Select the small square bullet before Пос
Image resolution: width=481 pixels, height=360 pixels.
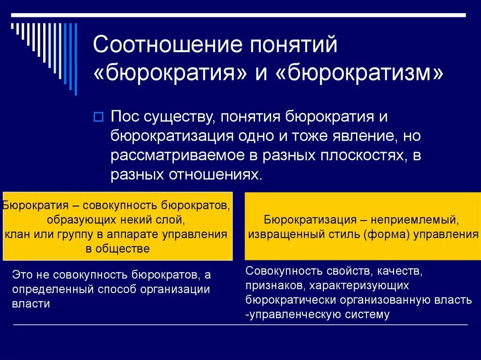98,116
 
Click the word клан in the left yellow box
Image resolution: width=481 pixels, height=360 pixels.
16,234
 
